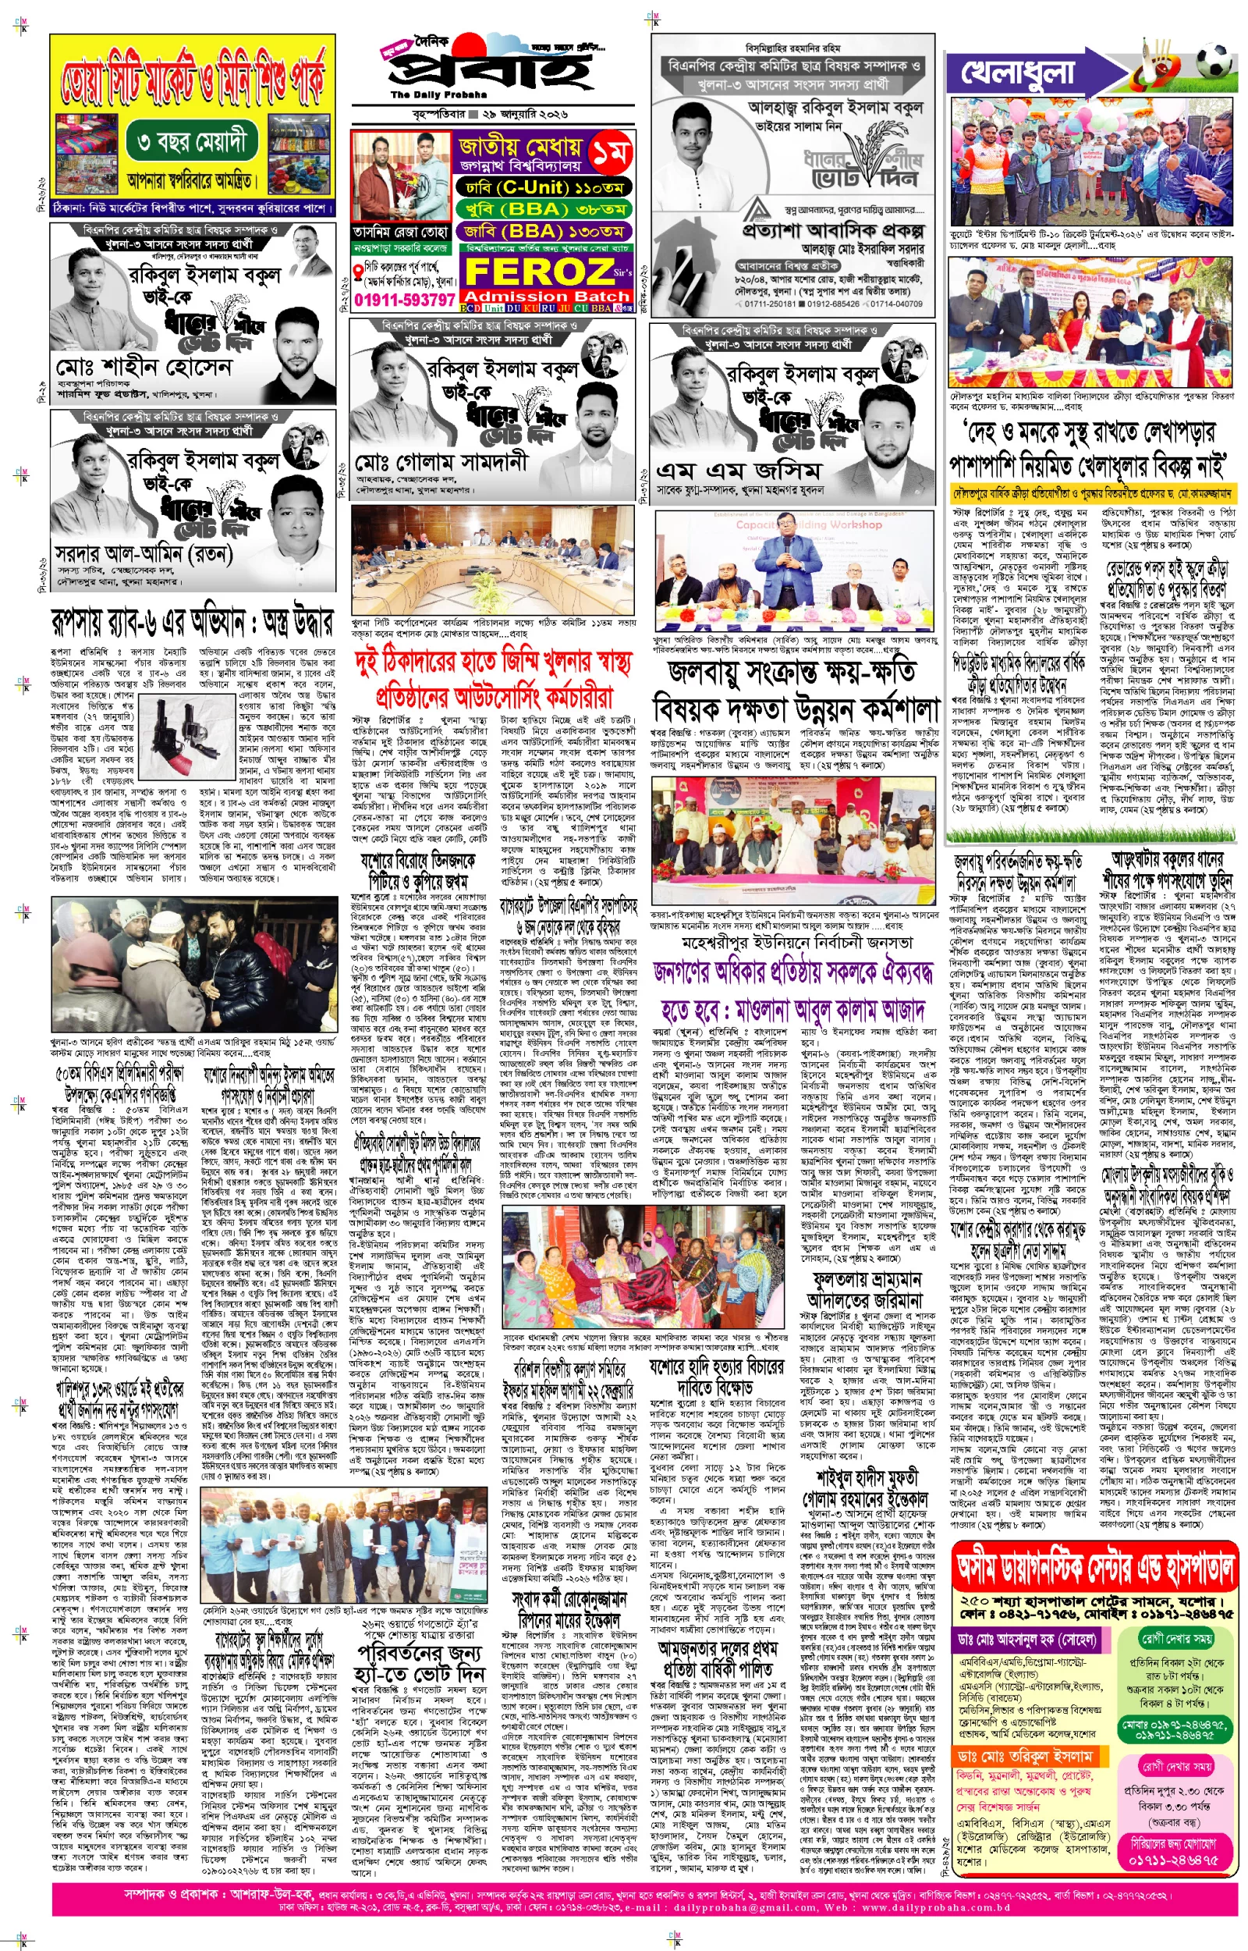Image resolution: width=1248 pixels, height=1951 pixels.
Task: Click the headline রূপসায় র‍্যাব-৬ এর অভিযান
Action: pyautogui.click(x=192, y=623)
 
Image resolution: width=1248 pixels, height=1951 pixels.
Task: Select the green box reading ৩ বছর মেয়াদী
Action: pyautogui.click(x=192, y=144)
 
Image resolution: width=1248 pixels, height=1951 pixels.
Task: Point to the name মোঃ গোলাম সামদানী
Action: pyautogui.click(x=441, y=463)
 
